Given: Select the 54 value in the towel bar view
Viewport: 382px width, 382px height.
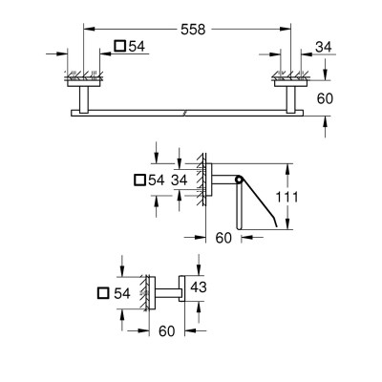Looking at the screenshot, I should pyautogui.click(x=138, y=46).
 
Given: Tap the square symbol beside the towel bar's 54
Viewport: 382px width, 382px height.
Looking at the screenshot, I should pyautogui.click(x=119, y=46).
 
